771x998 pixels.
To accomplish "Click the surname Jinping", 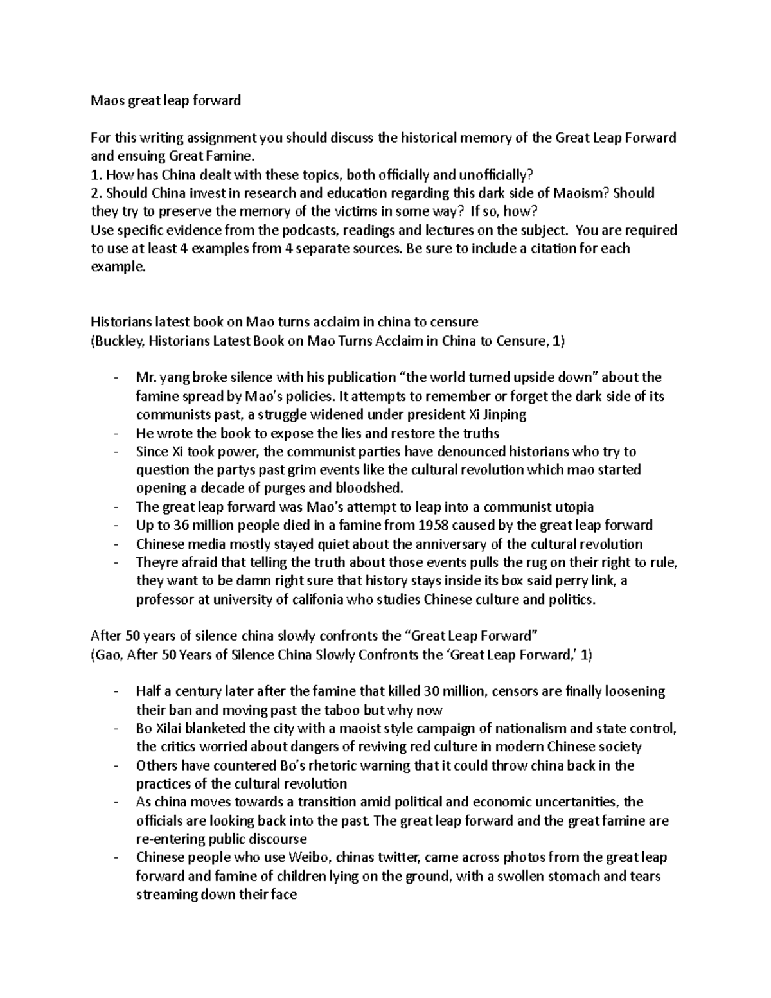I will (502, 414).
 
